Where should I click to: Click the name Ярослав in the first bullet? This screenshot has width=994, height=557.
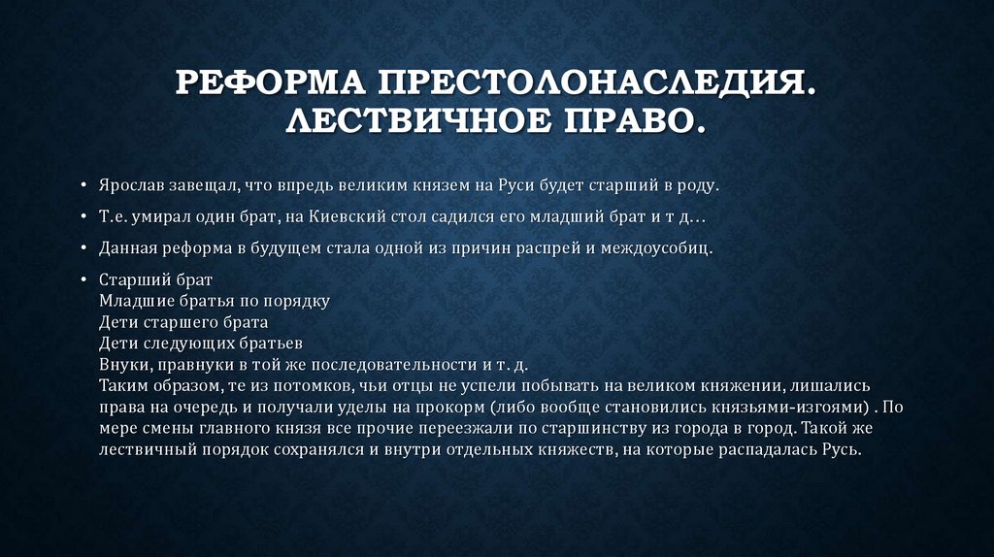[130, 184]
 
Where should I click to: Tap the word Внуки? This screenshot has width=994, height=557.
[120, 366]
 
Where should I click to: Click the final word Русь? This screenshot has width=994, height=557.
[841, 451]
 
